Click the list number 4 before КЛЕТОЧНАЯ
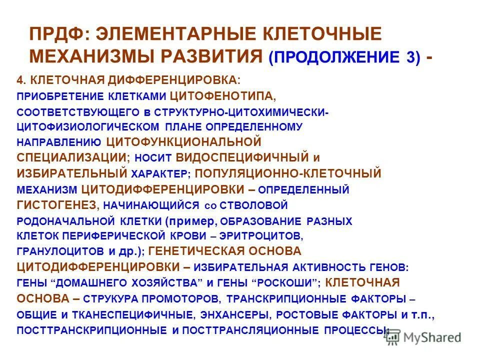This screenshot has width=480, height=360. (x=20, y=80)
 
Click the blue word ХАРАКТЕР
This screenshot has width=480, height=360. (x=160, y=173)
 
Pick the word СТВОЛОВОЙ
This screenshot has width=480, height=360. (x=257, y=204)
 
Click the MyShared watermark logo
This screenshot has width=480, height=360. (x=422, y=337)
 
